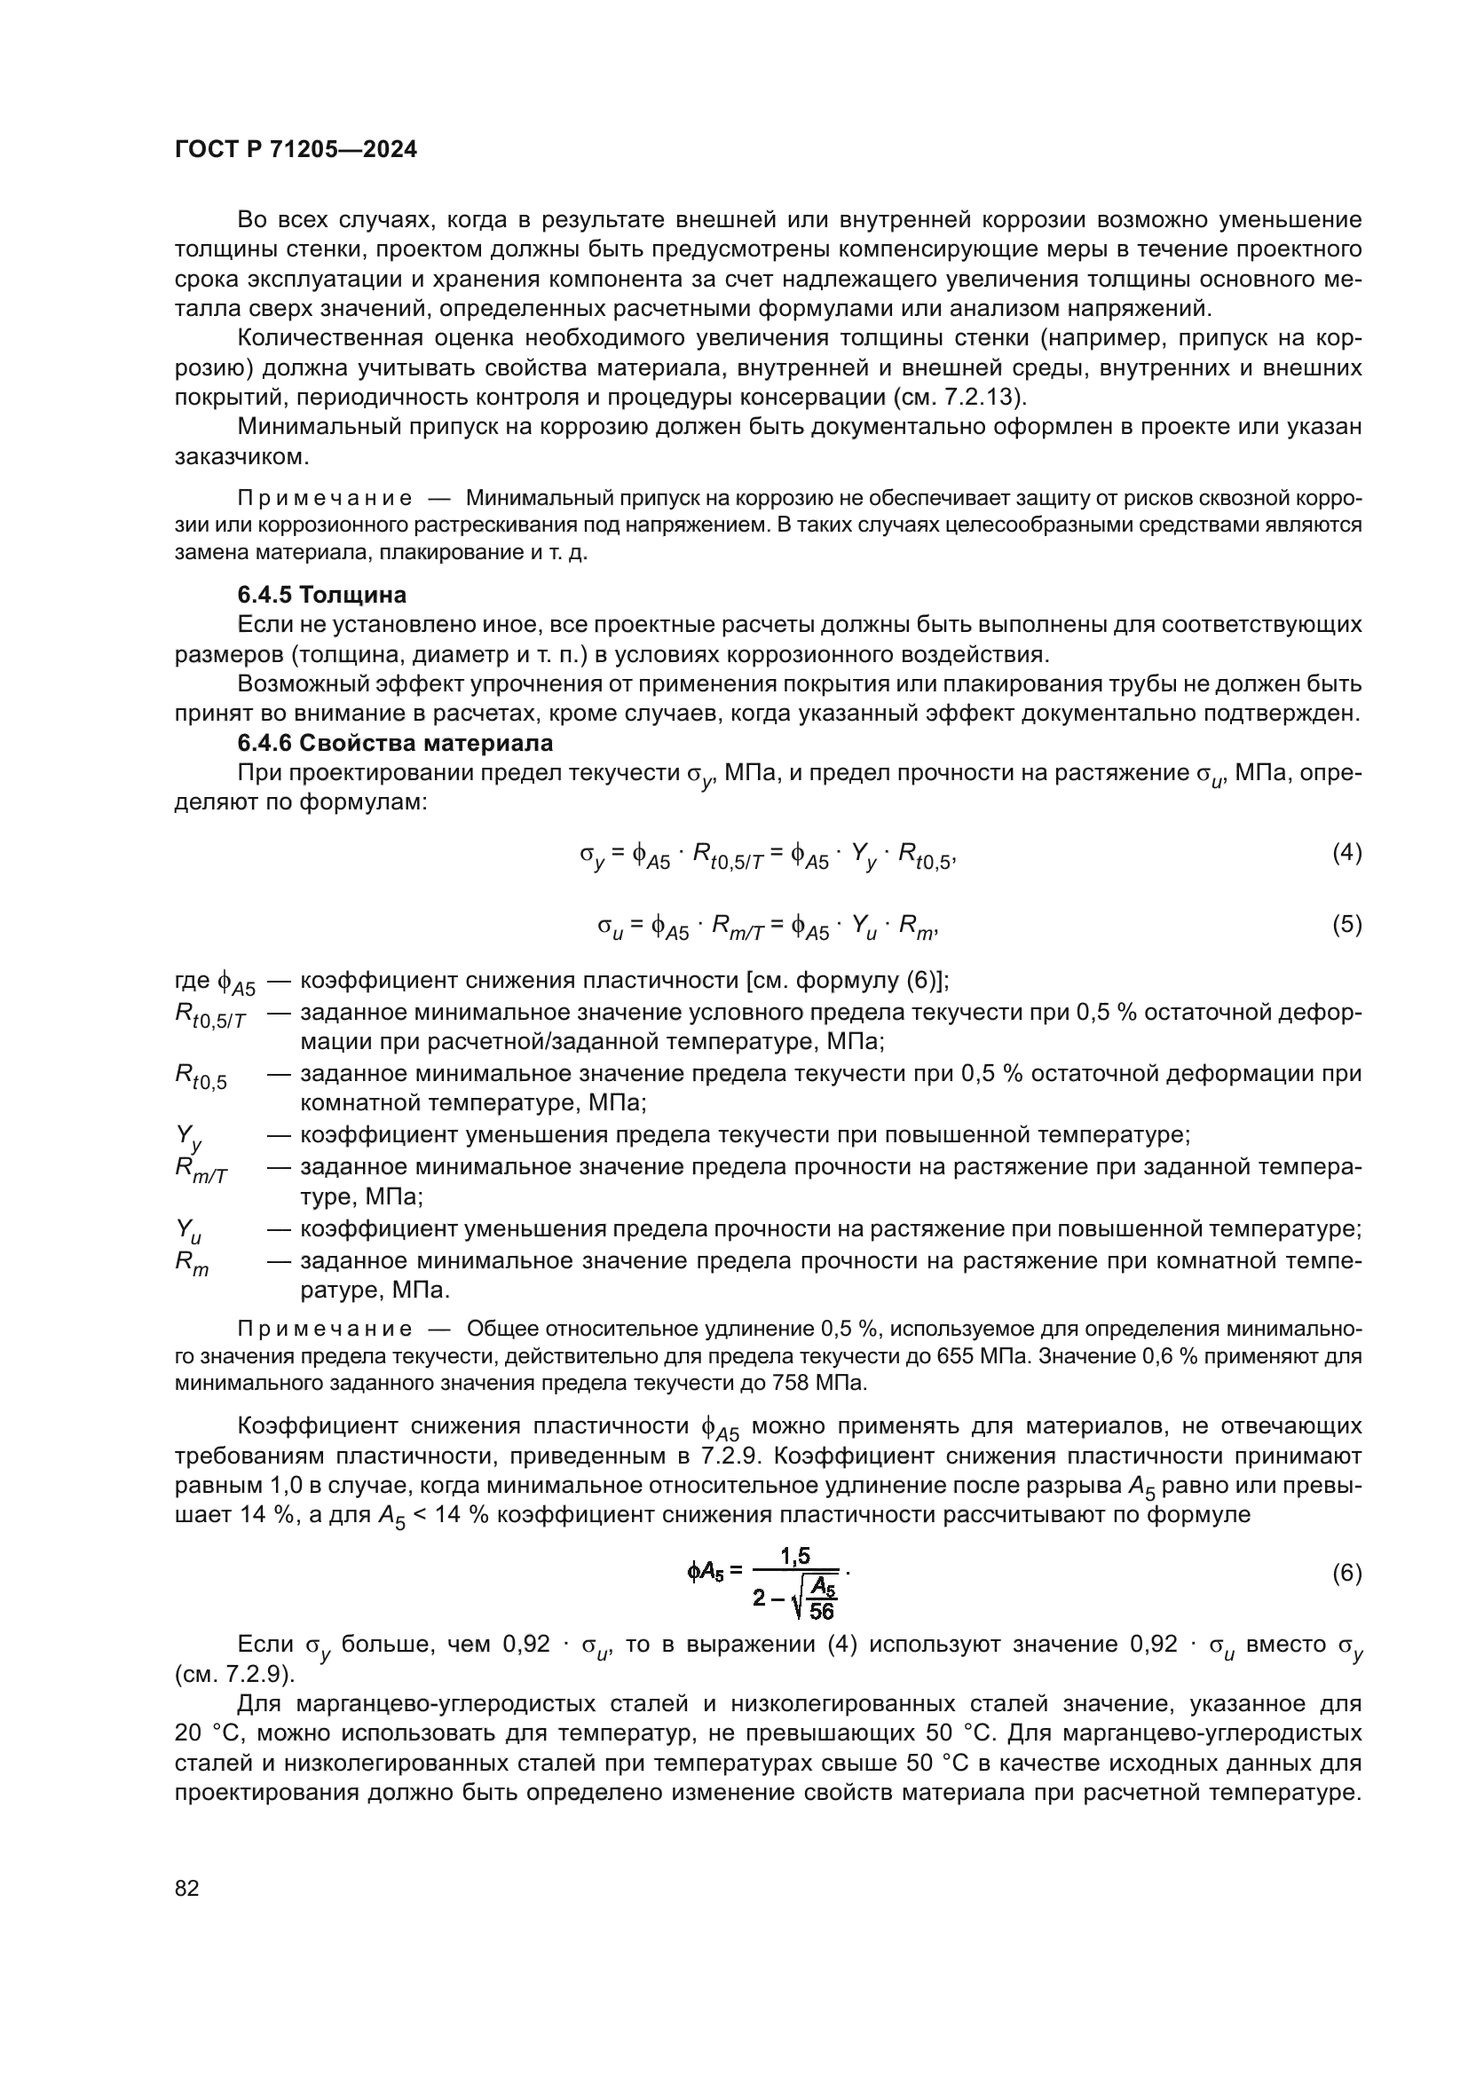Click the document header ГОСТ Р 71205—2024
[x=296, y=150]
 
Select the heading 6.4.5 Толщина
[x=322, y=595]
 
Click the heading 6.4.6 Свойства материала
[x=395, y=743]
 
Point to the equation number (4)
[x=1347, y=853]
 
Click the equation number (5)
[x=1347, y=924]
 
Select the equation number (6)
[x=1347, y=1574]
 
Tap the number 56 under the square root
[x=822, y=1610]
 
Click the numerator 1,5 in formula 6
[x=795, y=1555]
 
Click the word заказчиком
[x=241, y=456]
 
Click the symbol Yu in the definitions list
[x=188, y=1230]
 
